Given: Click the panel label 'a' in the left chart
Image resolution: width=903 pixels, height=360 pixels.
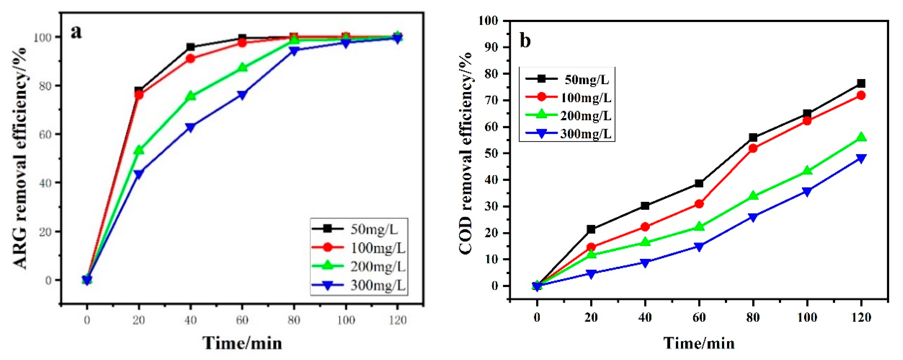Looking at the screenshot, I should pos(76,33).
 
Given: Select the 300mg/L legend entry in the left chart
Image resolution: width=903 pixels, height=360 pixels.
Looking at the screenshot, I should pos(359,285).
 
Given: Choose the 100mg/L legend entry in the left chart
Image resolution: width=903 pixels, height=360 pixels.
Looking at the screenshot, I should pos(359,248).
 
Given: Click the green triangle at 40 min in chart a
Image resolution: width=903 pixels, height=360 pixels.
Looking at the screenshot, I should pos(190,96).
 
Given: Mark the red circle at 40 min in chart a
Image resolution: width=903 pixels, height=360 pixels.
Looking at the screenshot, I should pos(190,58).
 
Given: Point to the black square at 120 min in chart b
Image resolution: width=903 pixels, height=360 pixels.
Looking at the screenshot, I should pos(861,83).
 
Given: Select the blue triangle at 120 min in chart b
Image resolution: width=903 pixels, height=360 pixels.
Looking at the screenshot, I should pos(861,159).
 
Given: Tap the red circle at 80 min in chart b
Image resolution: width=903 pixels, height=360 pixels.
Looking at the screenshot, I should pos(753,148).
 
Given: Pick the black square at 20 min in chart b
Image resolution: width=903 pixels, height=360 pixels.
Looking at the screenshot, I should pos(591,229).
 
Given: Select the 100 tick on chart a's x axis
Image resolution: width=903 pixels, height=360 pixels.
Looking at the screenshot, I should pos(346,320).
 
